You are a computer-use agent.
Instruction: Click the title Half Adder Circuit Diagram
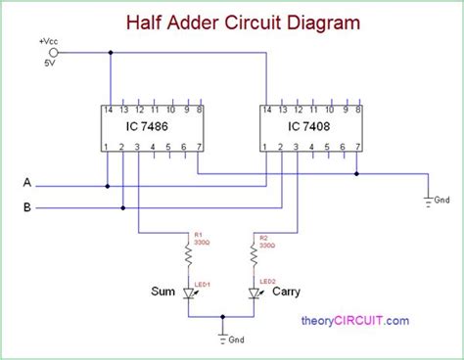pos(231,21)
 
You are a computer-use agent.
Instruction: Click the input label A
pos(27,183)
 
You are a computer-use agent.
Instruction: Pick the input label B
pos(27,206)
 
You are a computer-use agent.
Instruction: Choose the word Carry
pos(288,292)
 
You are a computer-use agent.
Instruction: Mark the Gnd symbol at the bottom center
pos(223,338)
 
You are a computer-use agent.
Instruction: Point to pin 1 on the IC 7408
pos(265,147)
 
